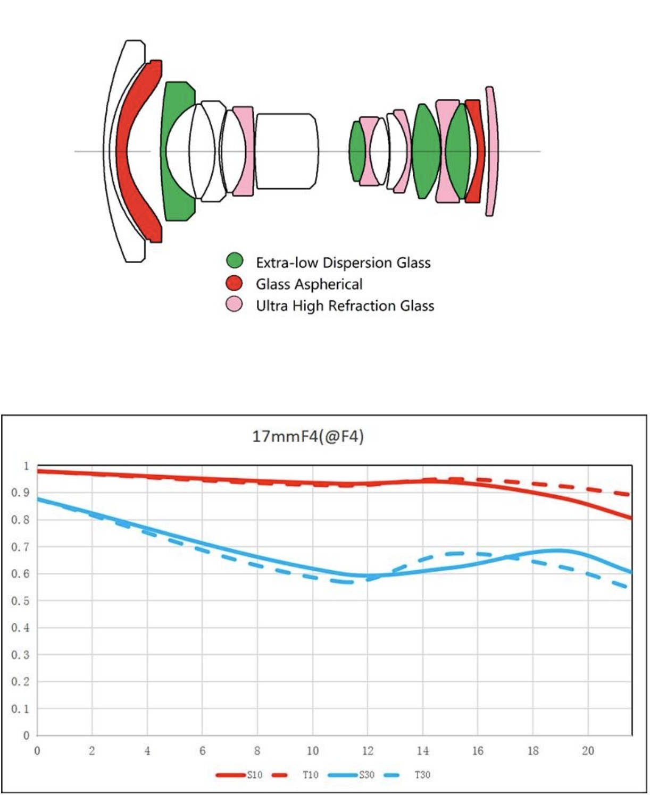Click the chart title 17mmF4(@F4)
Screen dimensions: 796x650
(x=307, y=437)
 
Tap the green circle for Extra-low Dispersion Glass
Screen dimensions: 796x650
(x=235, y=261)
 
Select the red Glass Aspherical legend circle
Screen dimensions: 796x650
(x=234, y=283)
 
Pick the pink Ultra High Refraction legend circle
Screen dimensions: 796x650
(x=234, y=304)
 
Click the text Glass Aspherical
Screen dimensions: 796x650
(x=309, y=284)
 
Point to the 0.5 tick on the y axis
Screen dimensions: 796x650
(x=20, y=601)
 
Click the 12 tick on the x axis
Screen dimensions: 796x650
(x=368, y=751)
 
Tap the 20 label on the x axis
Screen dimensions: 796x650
(x=588, y=751)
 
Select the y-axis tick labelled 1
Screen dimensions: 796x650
(x=26, y=466)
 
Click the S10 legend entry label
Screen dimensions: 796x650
(x=255, y=775)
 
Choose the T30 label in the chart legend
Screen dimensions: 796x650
(x=422, y=775)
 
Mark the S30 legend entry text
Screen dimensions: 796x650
(x=366, y=775)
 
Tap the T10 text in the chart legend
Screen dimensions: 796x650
(x=310, y=775)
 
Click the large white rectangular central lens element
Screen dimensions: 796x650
(x=287, y=151)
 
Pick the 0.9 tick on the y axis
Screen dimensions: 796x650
(x=20, y=493)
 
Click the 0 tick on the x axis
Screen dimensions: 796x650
(x=37, y=751)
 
